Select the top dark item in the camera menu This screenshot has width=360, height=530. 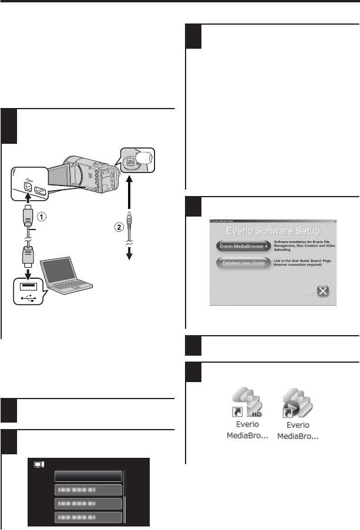pyautogui.click(x=88, y=475)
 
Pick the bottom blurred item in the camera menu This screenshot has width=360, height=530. pyautogui.click(x=88, y=517)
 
